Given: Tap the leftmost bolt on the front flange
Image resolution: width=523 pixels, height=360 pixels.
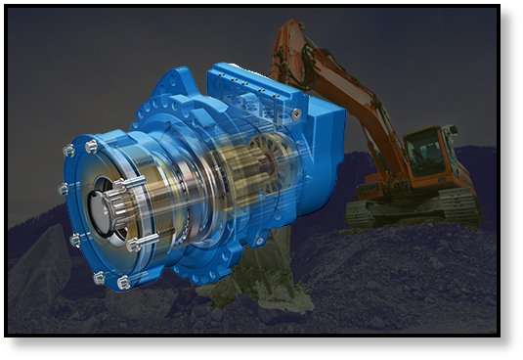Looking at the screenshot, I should pos(64,189).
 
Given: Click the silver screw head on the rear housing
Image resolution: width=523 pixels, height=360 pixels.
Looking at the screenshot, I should pos(296,113).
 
